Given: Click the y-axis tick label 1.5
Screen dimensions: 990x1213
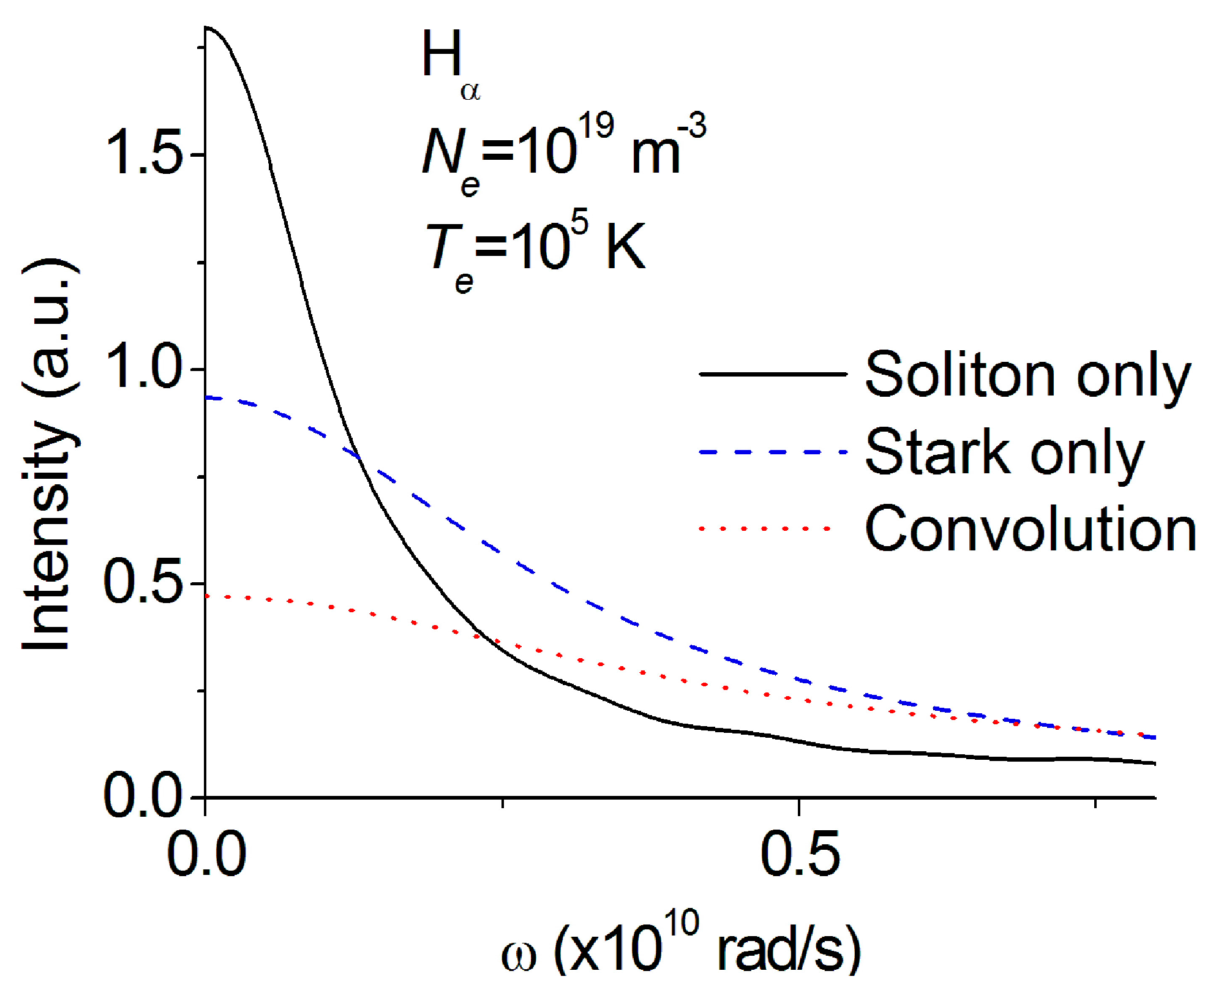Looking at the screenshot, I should (x=145, y=154).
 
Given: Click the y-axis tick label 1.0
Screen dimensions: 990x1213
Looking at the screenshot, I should (x=145, y=369).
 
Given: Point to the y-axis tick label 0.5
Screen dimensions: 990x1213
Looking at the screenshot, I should (x=145, y=583).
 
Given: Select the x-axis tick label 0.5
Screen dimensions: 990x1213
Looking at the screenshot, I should (x=799, y=854).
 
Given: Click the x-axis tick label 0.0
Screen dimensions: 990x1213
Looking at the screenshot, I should (x=206, y=854).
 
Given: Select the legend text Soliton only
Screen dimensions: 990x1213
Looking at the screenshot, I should (x=1027, y=375).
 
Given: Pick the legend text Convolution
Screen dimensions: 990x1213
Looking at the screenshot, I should (x=1030, y=529).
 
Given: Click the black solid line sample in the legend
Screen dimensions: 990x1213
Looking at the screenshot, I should (x=773, y=373).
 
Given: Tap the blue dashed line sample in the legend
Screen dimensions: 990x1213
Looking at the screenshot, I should (x=773, y=452).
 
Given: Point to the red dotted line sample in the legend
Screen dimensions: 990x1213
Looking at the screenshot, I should (x=765, y=528).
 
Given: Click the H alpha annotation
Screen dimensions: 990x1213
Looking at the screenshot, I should (x=450, y=64).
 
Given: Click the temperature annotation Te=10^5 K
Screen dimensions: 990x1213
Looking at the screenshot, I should (x=536, y=251).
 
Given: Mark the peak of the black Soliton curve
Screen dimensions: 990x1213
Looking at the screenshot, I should (x=207, y=28).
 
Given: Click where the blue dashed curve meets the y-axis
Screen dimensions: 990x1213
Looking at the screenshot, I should (x=206, y=398).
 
